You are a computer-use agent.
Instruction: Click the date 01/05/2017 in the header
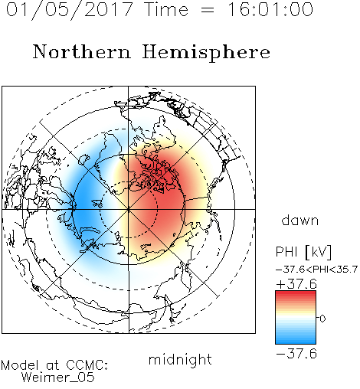[70, 10]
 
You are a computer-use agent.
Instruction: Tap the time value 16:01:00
[270, 10]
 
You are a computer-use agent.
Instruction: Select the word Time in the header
[166, 10]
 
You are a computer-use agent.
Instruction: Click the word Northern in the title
[82, 51]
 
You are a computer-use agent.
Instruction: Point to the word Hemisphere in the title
[206, 53]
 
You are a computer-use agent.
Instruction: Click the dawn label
[300, 221]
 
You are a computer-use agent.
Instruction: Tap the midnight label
[180, 360]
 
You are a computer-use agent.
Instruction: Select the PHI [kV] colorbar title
[303, 252]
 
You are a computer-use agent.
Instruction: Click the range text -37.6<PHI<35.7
[317, 270]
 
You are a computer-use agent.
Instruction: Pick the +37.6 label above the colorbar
[296, 284]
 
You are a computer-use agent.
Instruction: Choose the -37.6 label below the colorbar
[296, 354]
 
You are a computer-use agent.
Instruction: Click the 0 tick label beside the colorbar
[322, 319]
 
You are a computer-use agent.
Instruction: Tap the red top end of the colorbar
[296, 293]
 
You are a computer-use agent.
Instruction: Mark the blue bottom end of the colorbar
[296, 342]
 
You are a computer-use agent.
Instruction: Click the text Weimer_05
[58, 378]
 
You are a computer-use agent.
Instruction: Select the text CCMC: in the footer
[87, 365]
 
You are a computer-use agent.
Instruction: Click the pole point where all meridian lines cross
[129, 209]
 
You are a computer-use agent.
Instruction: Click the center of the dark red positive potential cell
[163, 189]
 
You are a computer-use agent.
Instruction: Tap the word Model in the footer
[21, 365]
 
